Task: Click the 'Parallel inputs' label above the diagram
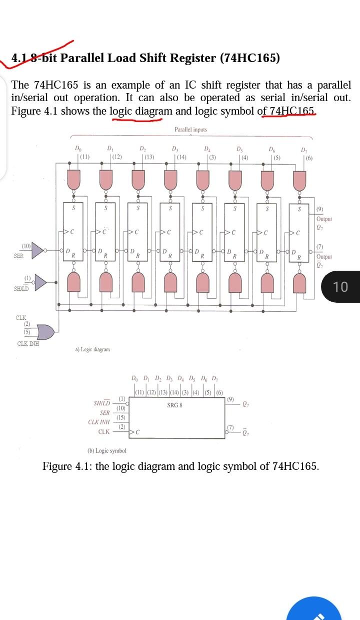tap(190, 130)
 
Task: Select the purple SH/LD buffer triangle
tap(39, 283)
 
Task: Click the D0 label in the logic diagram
tap(76, 149)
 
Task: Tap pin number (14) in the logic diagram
tap(181, 157)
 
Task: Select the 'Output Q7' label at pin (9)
tap(324, 219)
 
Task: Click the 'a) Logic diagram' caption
tap(92, 349)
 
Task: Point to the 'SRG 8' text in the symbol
tap(174, 405)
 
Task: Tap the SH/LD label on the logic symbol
tap(101, 403)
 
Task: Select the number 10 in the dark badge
tap(340, 287)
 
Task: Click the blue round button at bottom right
tap(315, 611)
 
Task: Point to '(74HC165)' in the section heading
tap(250, 58)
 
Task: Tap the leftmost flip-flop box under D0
tap(73, 230)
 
